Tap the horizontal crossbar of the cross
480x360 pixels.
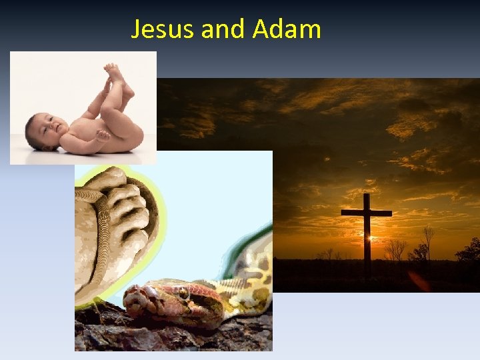coord(366,213)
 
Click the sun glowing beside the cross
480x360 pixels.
coord(372,239)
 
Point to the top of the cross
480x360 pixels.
coord(366,197)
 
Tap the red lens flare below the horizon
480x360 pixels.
coord(419,280)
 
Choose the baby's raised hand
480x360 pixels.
coord(101,135)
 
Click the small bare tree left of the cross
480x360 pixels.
coord(329,253)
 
